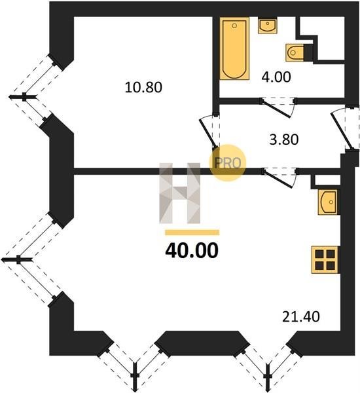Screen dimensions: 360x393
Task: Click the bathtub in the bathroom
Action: point(234,48)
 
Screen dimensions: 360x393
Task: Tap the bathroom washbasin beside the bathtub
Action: point(268,26)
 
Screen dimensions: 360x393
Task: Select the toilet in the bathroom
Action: point(295,52)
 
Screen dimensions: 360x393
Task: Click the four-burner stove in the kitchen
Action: point(325,259)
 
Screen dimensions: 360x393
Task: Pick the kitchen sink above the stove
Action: point(328,202)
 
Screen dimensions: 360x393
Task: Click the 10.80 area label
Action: point(143,88)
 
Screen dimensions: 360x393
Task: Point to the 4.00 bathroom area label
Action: point(276,77)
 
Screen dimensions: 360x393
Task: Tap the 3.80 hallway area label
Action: point(284,140)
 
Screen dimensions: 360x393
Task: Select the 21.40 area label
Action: point(301,316)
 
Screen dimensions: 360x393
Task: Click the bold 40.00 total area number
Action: point(192,251)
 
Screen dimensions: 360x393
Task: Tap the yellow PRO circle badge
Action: point(228,162)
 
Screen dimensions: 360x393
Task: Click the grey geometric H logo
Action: point(180,193)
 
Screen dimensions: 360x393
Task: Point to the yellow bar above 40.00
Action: point(192,233)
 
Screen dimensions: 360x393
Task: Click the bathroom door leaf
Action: point(276,108)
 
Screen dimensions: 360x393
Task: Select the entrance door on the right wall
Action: point(342,131)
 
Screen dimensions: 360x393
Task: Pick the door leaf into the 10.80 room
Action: point(207,133)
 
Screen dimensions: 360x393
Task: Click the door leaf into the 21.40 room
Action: point(278,178)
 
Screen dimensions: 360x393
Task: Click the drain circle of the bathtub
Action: point(234,26)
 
